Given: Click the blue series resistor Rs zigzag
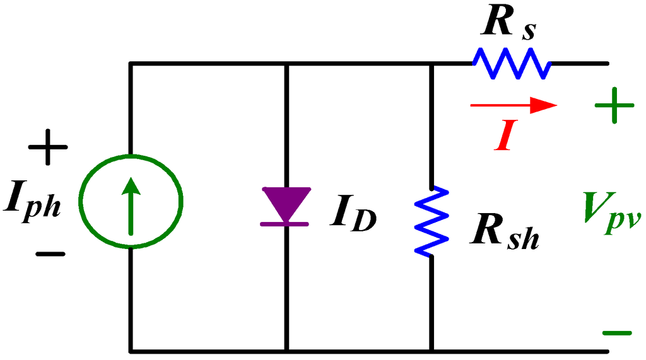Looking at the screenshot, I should tap(511, 63).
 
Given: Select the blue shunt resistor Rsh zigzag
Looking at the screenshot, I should tap(432, 221).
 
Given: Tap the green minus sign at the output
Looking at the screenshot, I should tap(616, 332).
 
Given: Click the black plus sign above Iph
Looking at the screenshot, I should tap(47, 149).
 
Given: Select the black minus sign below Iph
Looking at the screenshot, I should tap(50, 254).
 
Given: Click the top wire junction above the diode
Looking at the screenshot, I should tap(287, 63).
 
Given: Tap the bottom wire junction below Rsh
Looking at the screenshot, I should tap(432, 350).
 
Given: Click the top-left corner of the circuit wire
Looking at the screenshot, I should tap(131, 63).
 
